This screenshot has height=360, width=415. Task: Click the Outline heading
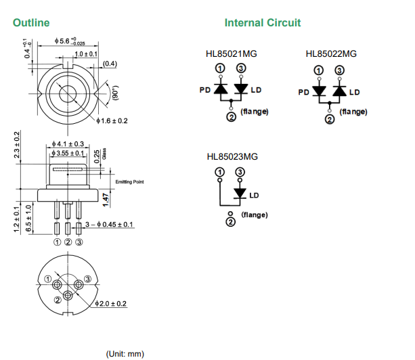tap(31, 22)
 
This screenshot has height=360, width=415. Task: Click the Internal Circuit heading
tap(263, 22)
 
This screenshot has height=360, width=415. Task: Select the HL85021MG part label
tap(232, 54)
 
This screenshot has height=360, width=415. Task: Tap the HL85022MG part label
tap(331, 54)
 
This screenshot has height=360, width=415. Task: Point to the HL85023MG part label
tap(232, 156)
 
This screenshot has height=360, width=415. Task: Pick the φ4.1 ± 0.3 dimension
tap(68, 144)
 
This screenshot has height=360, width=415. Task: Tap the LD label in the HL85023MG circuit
tap(255, 196)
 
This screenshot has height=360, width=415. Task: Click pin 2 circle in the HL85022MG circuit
tap(330, 120)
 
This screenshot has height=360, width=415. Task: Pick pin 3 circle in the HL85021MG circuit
tap(240, 69)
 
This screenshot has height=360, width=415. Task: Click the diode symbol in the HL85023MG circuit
tap(239, 194)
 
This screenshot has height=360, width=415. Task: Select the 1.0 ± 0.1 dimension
tap(86, 53)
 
